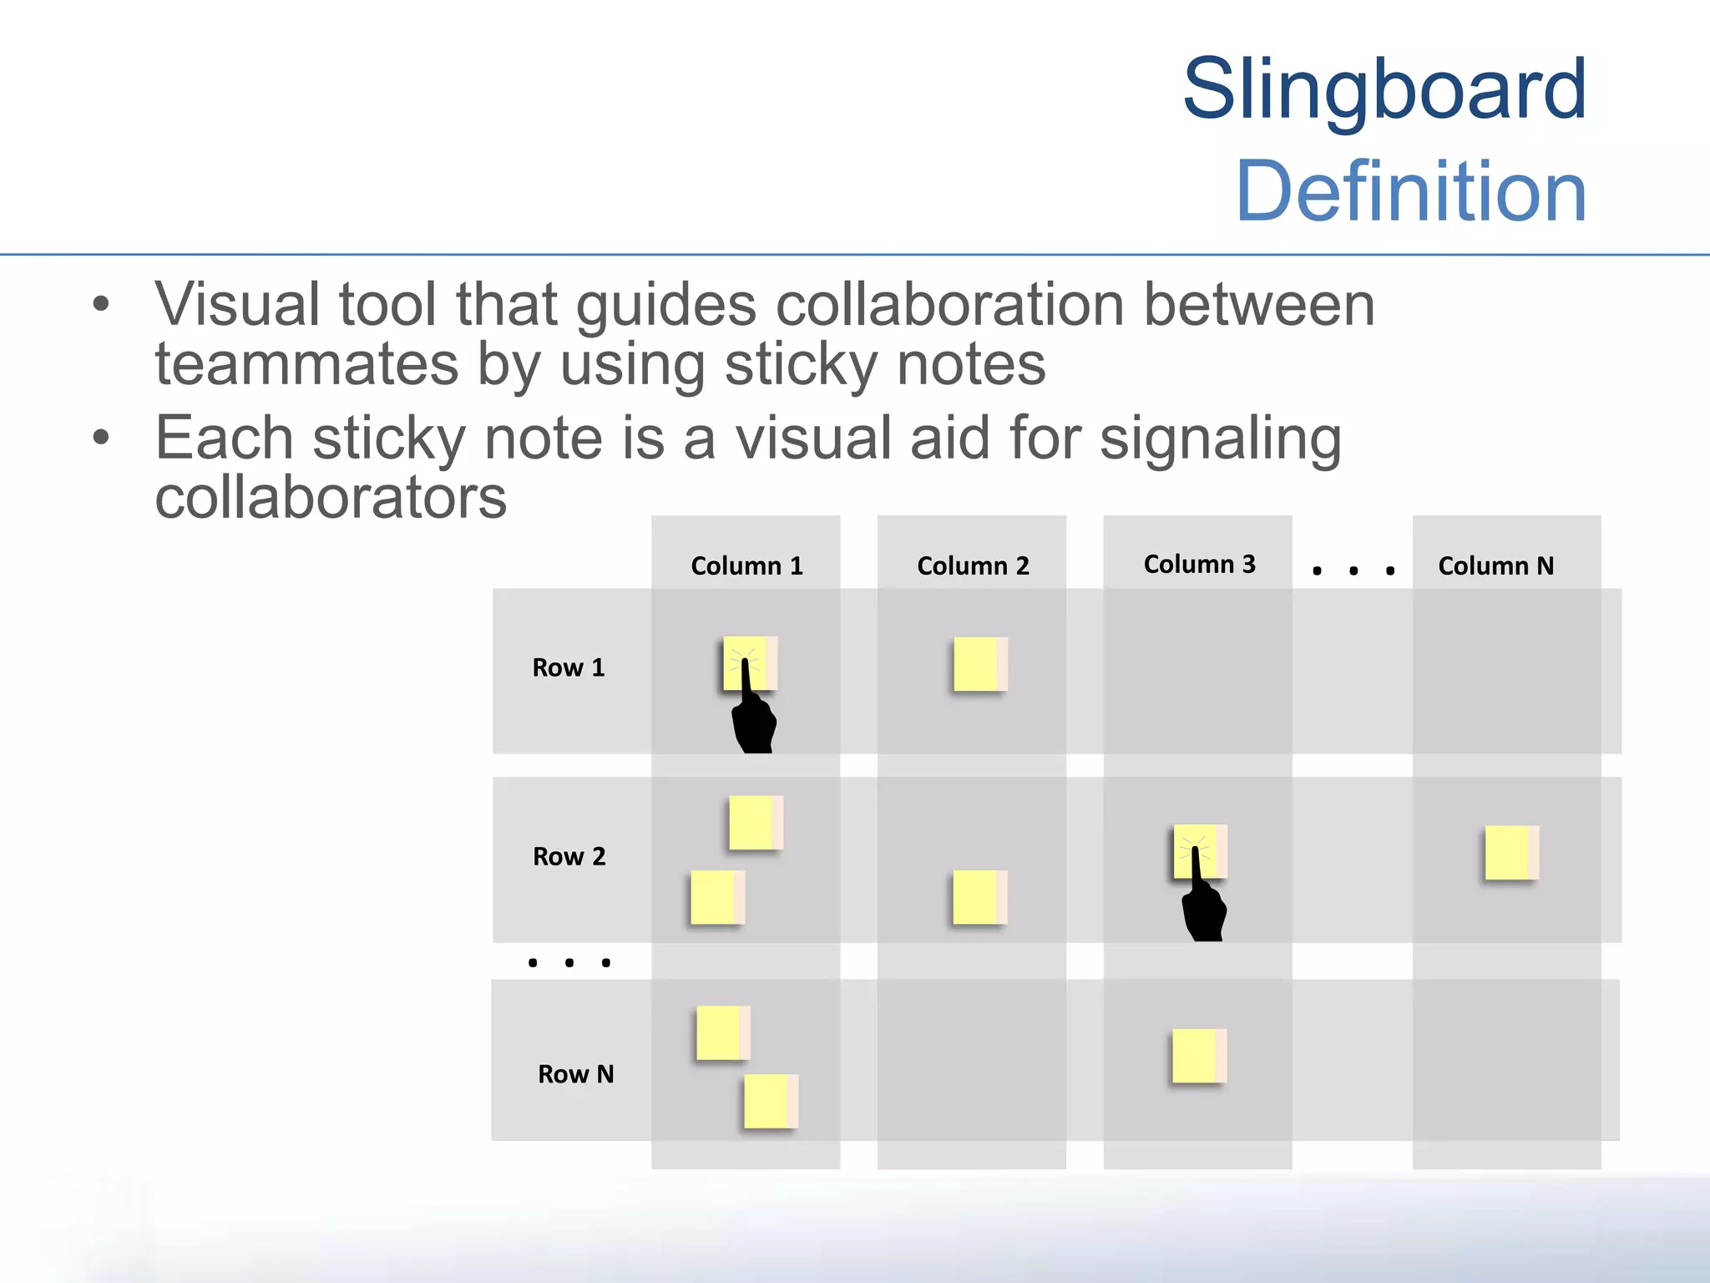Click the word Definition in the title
point(1410,192)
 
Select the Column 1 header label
point(746,566)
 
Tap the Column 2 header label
point(973,566)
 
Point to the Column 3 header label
point(1199,565)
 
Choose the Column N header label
point(1495,566)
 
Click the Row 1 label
point(568,668)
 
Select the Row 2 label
point(569,857)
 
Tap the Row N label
point(575,1074)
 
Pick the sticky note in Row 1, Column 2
point(979,664)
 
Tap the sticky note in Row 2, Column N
point(1510,853)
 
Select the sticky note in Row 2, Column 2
point(979,897)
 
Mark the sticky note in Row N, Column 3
point(1198,1056)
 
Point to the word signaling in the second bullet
point(1220,439)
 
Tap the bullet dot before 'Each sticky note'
point(101,437)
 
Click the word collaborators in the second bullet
point(331,498)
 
